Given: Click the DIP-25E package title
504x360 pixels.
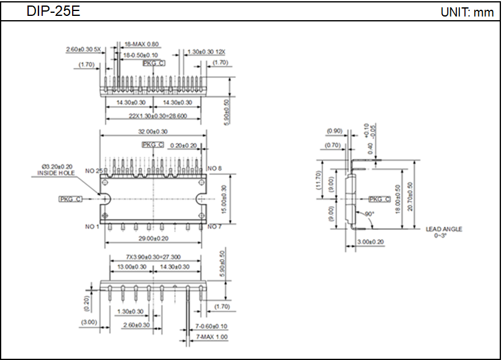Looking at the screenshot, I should pos(53,12).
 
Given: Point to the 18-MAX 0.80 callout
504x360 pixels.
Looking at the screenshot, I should pos(141,44).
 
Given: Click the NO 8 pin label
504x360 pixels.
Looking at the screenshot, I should pos(214,168).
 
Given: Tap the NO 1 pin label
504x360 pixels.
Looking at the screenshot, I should pos(92,227).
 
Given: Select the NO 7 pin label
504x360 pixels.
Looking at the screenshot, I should pos(214,227).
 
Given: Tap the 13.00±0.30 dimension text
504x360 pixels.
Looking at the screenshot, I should pos(131,267).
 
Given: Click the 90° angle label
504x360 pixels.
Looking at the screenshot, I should pos(369,214).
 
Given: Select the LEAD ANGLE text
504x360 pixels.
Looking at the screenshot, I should pos(444,229).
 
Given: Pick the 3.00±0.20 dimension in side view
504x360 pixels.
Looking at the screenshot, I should pos(370,242).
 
